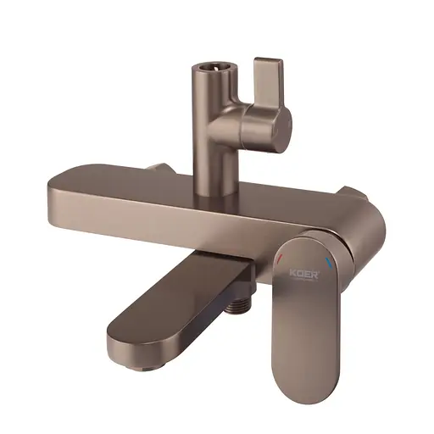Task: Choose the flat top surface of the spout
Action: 170,305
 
